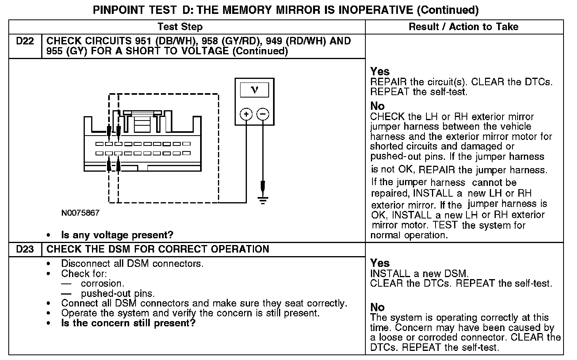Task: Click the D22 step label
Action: (25, 41)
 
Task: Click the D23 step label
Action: (25, 249)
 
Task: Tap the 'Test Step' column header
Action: (180, 27)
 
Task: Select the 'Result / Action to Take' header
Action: (463, 27)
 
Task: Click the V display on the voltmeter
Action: (254, 90)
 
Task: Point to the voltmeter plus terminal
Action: (246, 115)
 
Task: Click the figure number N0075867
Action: (80, 213)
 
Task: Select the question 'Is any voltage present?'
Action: (117, 235)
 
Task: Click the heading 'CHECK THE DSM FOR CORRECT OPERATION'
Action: (158, 249)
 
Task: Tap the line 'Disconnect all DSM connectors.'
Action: (132, 264)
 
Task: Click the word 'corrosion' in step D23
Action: (102, 283)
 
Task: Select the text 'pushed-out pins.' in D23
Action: (118, 294)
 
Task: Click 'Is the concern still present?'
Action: (128, 323)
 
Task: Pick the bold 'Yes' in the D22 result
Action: (380, 71)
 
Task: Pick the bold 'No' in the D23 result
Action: (377, 307)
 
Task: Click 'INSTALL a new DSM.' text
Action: (419, 274)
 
